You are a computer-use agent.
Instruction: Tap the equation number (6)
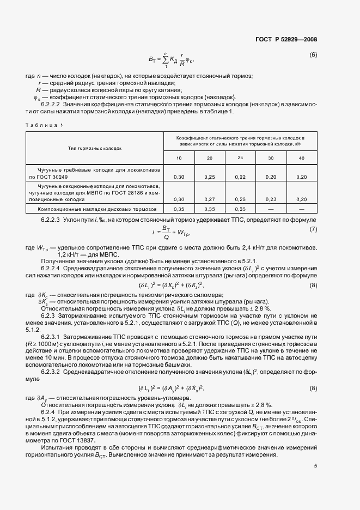tap(313, 55)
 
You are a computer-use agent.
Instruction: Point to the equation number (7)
tap(313, 229)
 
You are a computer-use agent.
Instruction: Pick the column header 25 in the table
tap(240, 157)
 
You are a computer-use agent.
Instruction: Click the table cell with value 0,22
tap(240, 177)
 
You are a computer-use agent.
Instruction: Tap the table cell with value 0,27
tap(209, 199)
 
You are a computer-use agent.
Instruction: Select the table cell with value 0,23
tap(271, 199)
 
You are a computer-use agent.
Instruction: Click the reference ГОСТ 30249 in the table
tap(54, 177)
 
